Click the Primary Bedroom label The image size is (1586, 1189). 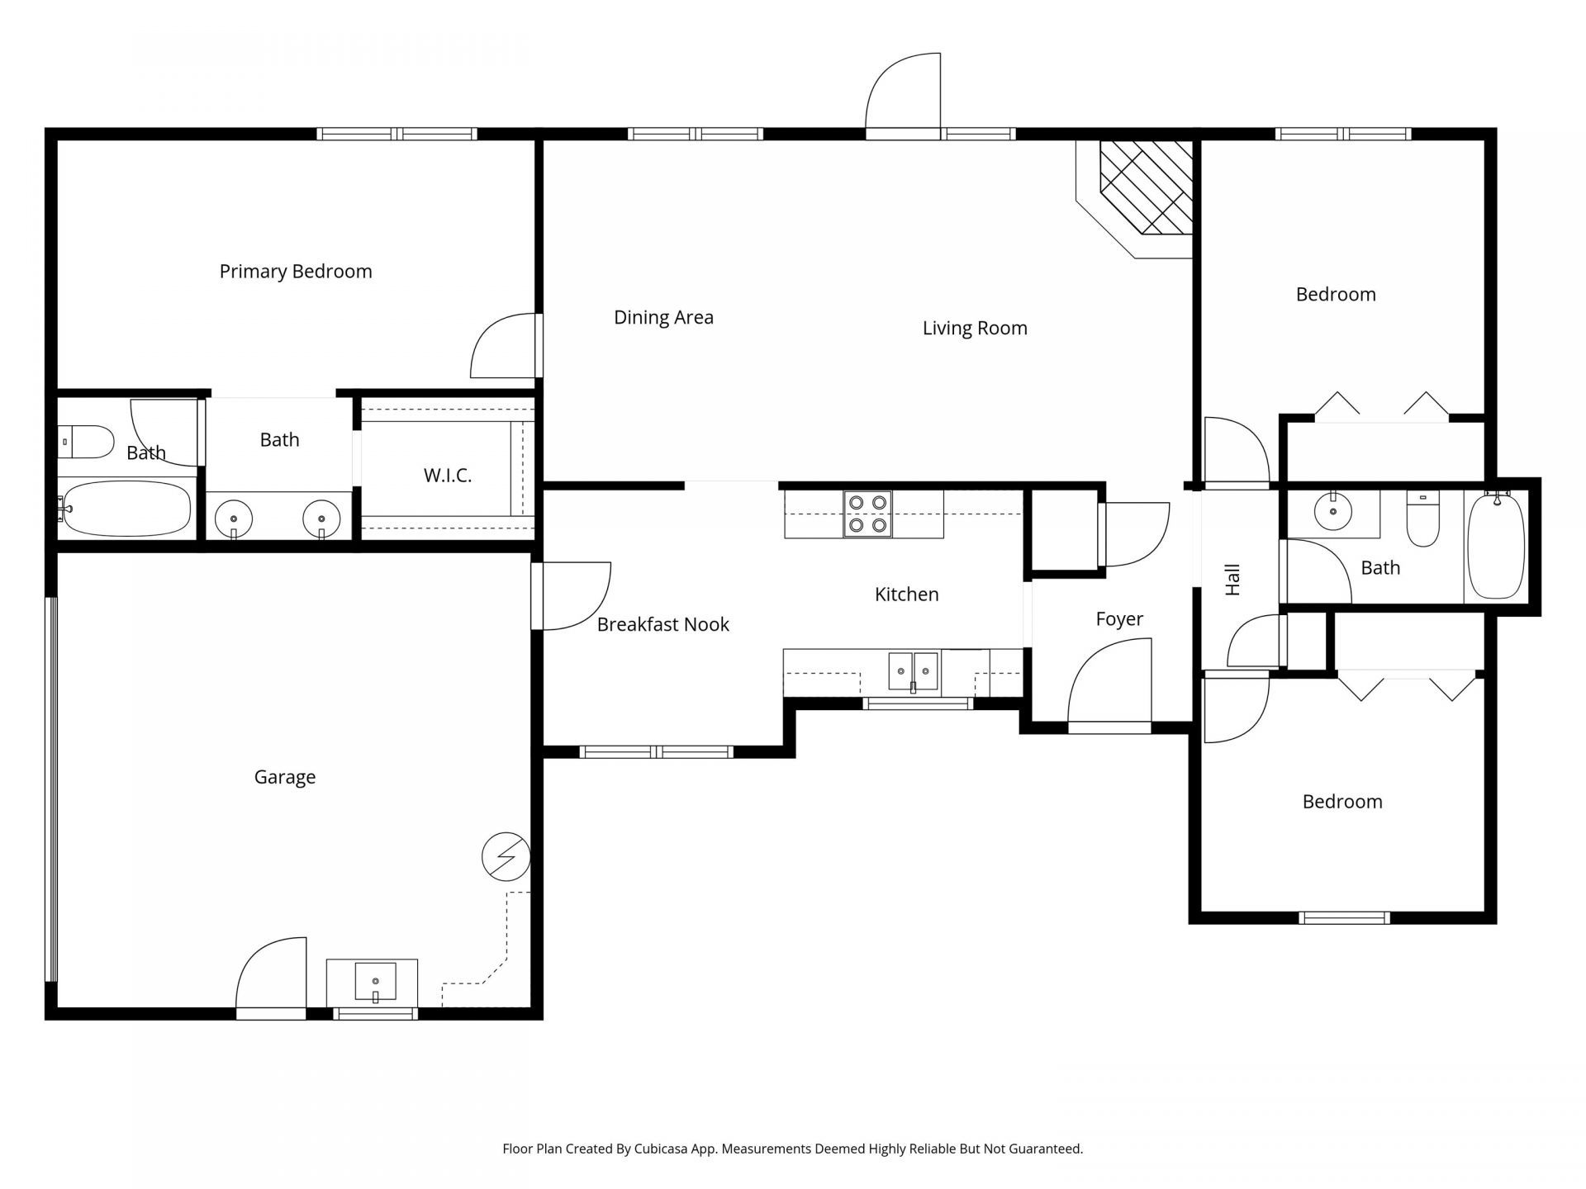click(296, 272)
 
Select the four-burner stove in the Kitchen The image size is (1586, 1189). click(867, 514)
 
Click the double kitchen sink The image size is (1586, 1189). click(913, 670)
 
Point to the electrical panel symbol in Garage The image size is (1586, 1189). click(506, 857)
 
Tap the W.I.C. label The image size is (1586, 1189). click(447, 476)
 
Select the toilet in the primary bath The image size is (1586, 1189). click(86, 442)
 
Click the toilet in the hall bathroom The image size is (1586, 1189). click(1422, 519)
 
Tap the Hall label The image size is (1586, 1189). click(1232, 580)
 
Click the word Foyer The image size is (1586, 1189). click(1119, 619)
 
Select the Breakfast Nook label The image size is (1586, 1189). click(662, 625)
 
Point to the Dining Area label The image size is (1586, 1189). click(663, 318)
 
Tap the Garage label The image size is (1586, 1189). click(284, 777)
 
